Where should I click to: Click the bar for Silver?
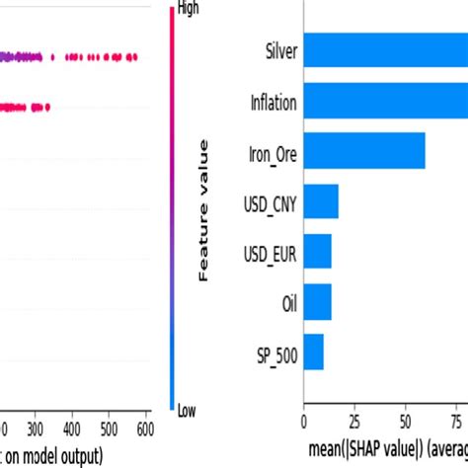pos(385,50)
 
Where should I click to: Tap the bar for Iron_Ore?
pos(363,151)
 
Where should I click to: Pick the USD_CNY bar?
pos(321,201)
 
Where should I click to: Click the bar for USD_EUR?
pos(317,252)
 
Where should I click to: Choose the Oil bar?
pos(317,302)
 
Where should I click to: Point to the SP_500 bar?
pos(313,352)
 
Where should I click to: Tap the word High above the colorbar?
pos(189,9)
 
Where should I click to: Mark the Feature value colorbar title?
pos(204,210)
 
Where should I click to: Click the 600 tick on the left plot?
pos(144,429)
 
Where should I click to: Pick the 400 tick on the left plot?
pos(72,429)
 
